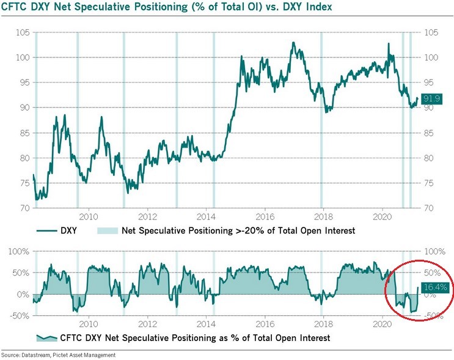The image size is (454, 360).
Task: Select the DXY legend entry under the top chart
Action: (62, 232)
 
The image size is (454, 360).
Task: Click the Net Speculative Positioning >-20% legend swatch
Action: (106, 232)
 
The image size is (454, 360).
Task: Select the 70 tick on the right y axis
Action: (428, 208)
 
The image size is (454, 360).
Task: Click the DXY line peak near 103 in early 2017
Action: (293, 43)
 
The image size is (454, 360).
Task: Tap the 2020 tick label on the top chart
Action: (382, 216)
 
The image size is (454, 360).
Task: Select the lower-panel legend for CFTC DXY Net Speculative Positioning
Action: (183, 337)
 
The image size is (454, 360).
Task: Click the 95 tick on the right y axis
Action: (428, 82)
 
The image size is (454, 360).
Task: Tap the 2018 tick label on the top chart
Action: (323, 216)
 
